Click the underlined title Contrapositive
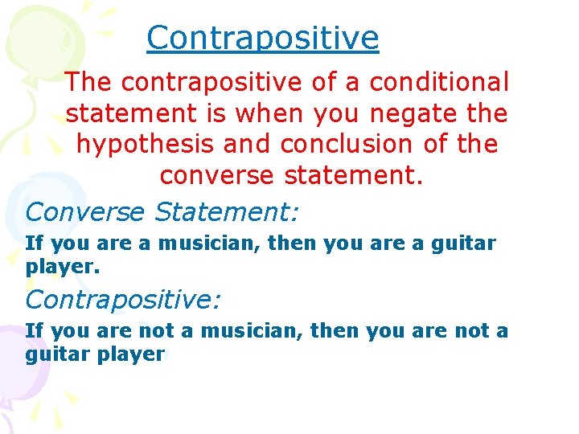[x=262, y=38]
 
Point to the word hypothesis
[x=145, y=145]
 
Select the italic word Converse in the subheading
[x=85, y=212]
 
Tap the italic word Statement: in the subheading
[x=226, y=212]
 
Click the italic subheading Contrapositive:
[x=123, y=300]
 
